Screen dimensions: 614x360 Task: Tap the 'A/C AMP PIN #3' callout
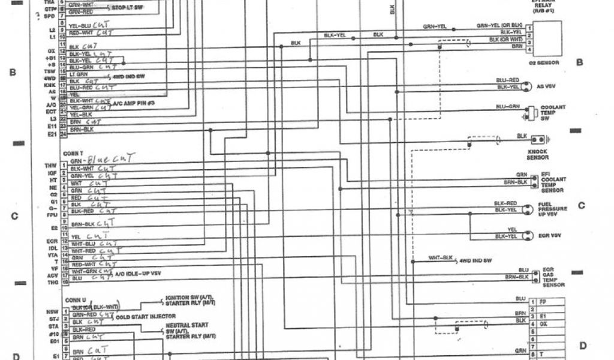134,103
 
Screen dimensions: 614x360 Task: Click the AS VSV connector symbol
526,85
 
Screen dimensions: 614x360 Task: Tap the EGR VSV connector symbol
526,233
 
